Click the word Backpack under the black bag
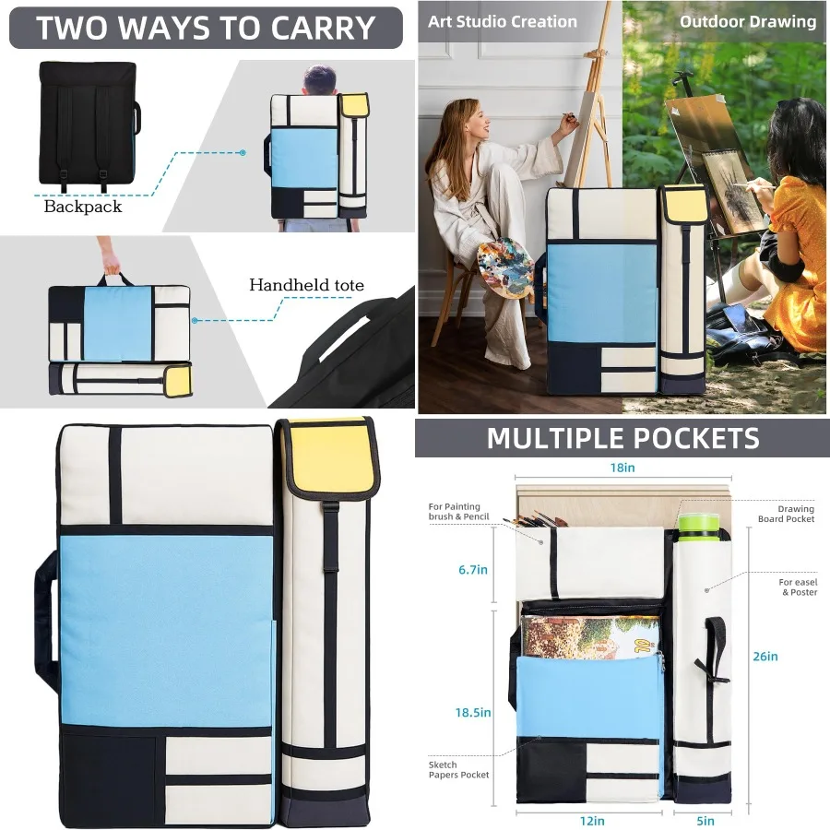(x=83, y=207)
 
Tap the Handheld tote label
(x=306, y=285)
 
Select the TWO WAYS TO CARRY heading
(x=206, y=28)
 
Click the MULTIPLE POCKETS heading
(x=622, y=438)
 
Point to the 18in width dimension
(x=623, y=468)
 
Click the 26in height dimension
(x=765, y=657)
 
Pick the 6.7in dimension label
(x=473, y=570)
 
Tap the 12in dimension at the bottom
(x=592, y=820)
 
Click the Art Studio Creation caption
(x=503, y=21)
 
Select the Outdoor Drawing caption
(x=748, y=21)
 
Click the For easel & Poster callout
(x=798, y=587)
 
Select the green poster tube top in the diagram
(x=698, y=523)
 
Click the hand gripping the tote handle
(x=111, y=267)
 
